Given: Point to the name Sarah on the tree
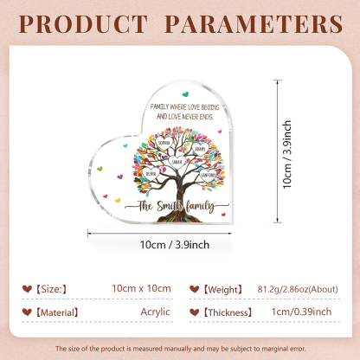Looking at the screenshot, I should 177,161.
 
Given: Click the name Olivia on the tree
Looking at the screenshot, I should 151,171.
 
